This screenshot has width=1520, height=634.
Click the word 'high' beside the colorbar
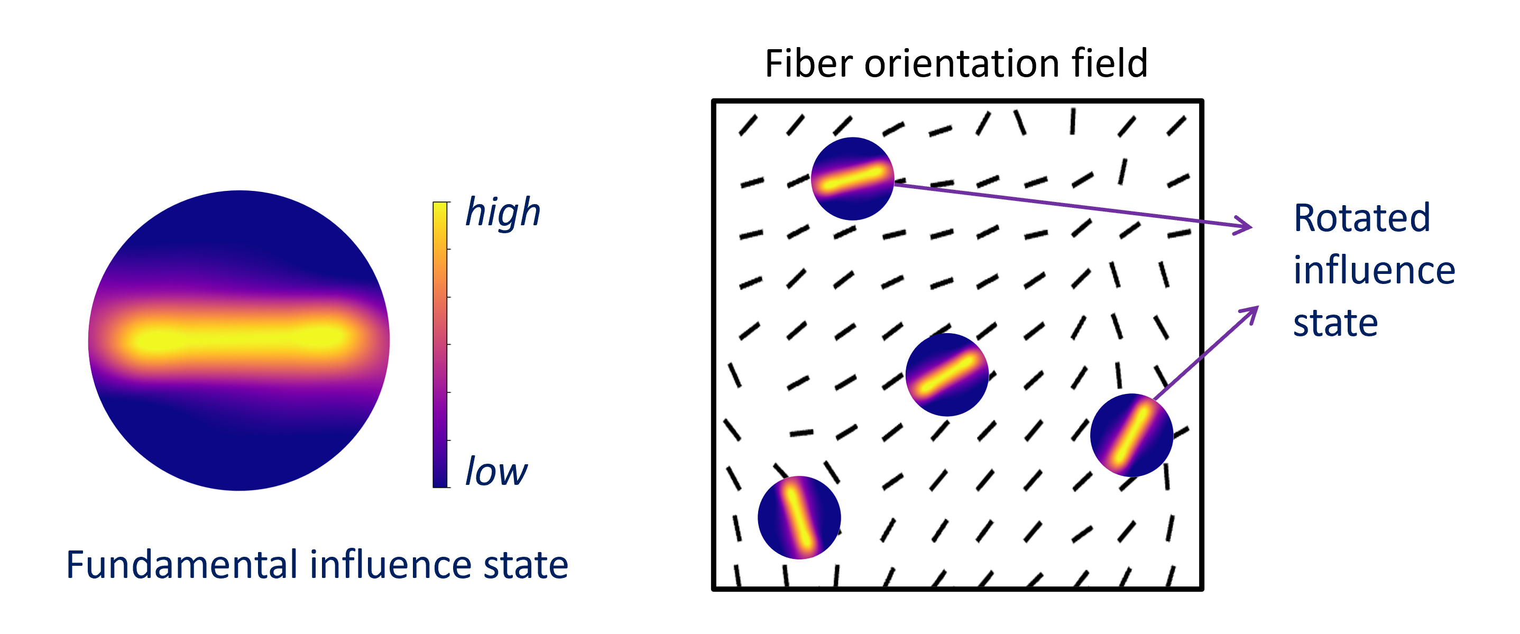[x=502, y=213]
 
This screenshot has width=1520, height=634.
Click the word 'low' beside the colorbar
[x=496, y=472]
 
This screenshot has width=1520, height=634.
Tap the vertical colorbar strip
[x=441, y=345]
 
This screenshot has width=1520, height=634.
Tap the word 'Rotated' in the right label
[x=1361, y=218]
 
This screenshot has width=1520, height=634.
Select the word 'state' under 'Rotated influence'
[x=1335, y=323]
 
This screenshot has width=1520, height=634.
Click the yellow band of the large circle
[x=239, y=339]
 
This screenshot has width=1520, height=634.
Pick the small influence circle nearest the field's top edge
[x=852, y=179]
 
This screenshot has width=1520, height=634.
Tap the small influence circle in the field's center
[x=946, y=375]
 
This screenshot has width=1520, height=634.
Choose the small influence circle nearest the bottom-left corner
[x=799, y=518]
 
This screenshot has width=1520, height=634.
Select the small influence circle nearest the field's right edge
[x=1131, y=435]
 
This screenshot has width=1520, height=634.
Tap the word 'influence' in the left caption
[x=391, y=565]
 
